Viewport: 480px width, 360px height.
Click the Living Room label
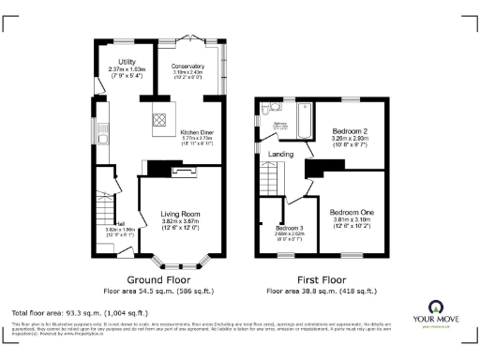click(x=179, y=214)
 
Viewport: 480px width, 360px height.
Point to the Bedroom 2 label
click(x=352, y=131)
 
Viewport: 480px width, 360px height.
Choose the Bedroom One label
click(x=352, y=212)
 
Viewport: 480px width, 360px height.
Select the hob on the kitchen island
click(x=158, y=119)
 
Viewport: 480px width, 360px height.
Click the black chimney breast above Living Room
click(x=151, y=167)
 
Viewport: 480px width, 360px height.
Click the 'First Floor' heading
click(x=320, y=279)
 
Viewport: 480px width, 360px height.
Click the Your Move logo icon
click(x=436, y=306)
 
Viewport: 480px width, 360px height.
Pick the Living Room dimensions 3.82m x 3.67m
click(x=179, y=221)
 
